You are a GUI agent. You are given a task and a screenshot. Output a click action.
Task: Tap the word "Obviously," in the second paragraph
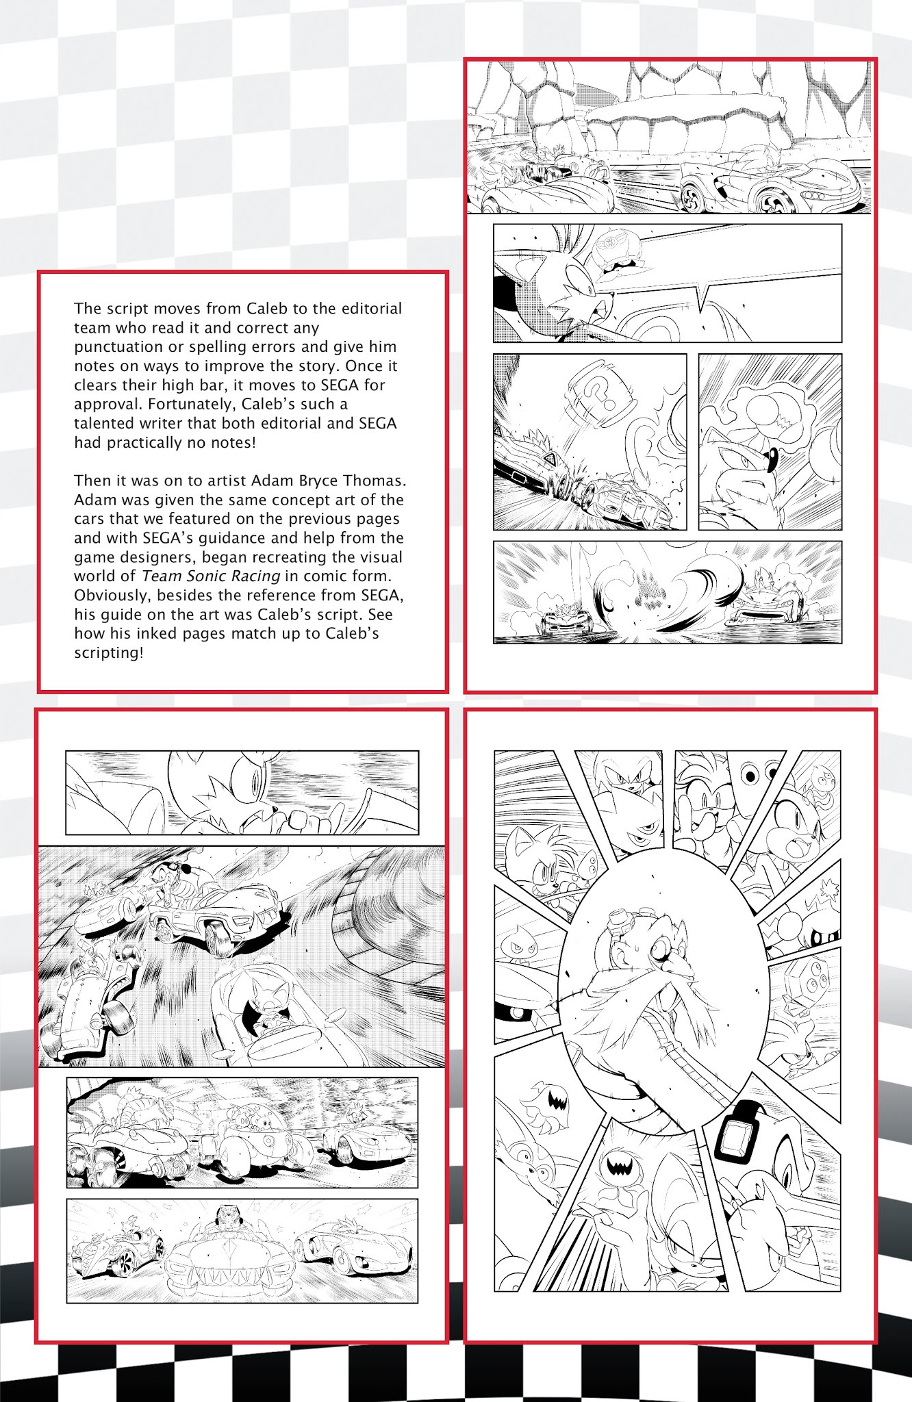110,595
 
